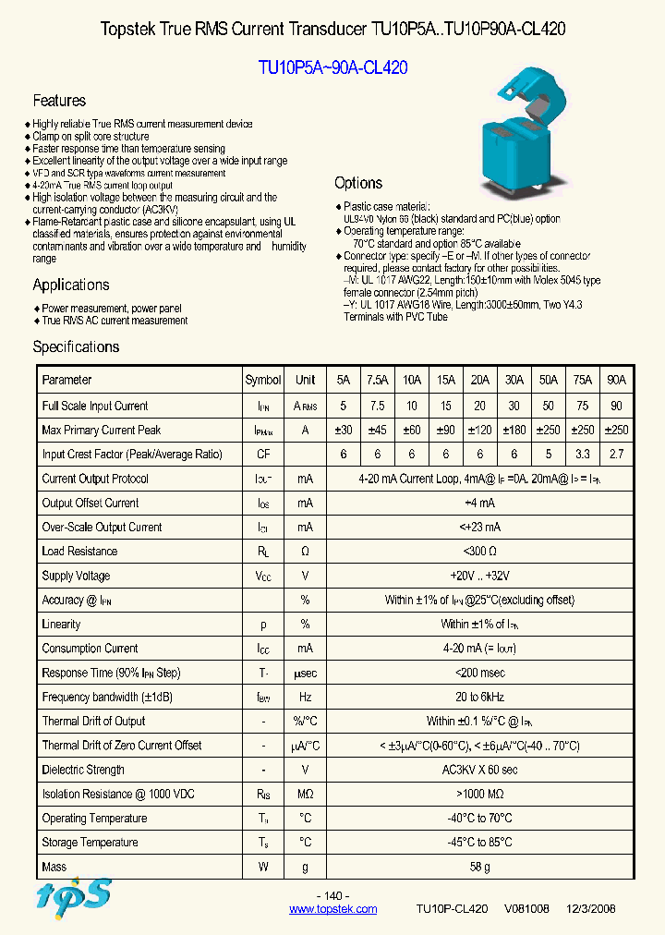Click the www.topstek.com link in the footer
click(332, 909)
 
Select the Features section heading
click(59, 101)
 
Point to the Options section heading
click(358, 183)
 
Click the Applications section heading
click(71, 285)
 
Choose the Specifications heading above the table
click(76, 346)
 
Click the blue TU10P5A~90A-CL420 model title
click(332, 67)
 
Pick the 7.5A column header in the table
click(377, 380)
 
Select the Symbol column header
click(263, 380)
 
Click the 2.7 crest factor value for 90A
click(616, 454)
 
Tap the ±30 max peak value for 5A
click(344, 430)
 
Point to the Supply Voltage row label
click(76, 576)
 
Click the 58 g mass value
click(478, 867)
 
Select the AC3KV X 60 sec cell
click(478, 770)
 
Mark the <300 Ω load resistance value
click(478, 552)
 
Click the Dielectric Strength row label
click(84, 770)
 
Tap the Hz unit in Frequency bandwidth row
click(305, 697)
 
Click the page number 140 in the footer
click(332, 896)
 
